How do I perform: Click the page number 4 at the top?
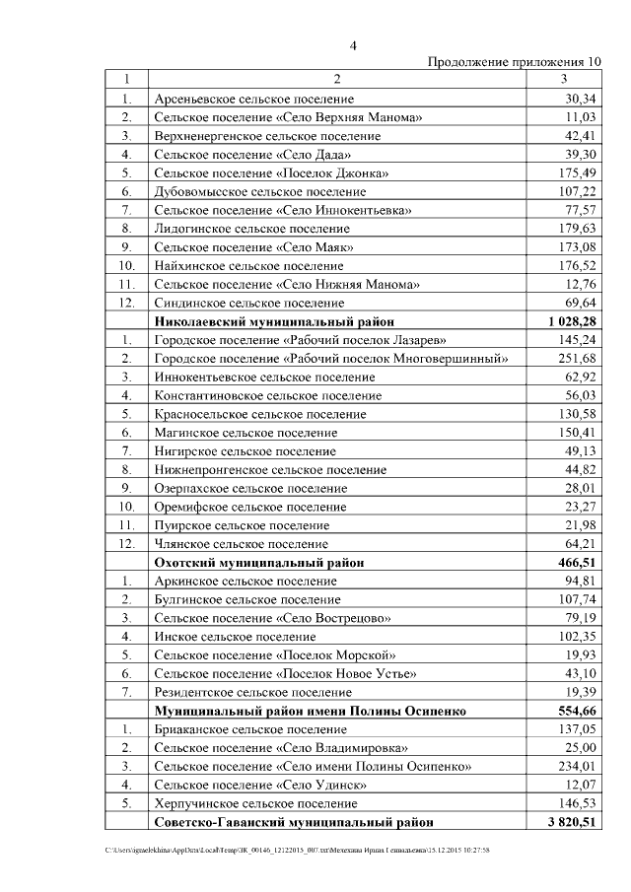(x=354, y=44)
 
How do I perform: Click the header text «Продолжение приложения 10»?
(x=513, y=62)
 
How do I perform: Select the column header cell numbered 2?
(x=336, y=79)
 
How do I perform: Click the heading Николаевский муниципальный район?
(x=274, y=321)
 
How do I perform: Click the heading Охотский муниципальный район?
(x=259, y=562)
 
